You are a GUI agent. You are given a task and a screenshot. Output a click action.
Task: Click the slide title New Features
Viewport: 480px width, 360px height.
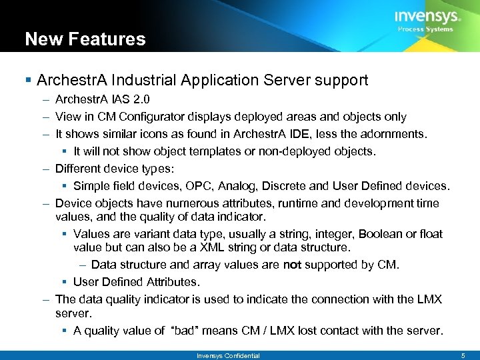point(85,39)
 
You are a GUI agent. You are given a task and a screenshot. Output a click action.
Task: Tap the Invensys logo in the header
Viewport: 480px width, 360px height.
point(427,17)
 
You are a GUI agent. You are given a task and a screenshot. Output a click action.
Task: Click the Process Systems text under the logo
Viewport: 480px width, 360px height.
point(425,29)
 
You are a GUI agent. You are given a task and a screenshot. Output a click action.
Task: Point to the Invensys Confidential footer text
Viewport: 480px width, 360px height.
point(228,355)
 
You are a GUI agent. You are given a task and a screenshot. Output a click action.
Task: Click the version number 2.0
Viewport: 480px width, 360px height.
point(141,99)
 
